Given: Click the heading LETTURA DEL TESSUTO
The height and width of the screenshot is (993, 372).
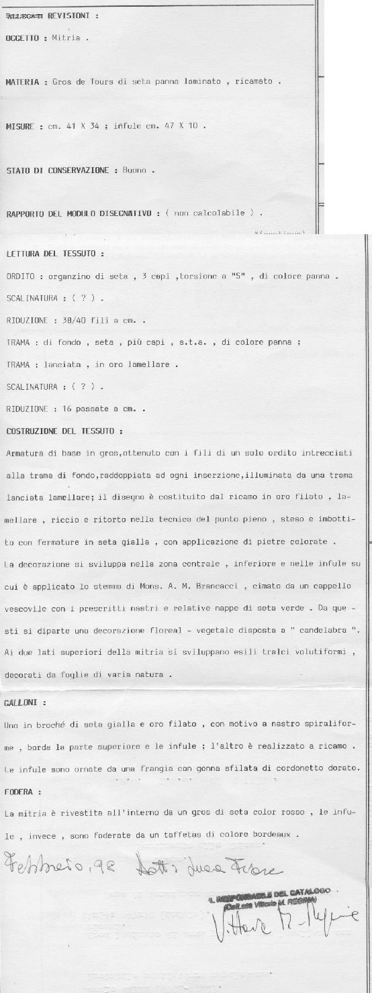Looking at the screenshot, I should tap(54, 256).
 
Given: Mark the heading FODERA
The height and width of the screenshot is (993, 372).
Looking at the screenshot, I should tap(21, 792).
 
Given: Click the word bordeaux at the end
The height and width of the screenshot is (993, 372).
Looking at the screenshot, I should tap(273, 835).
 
